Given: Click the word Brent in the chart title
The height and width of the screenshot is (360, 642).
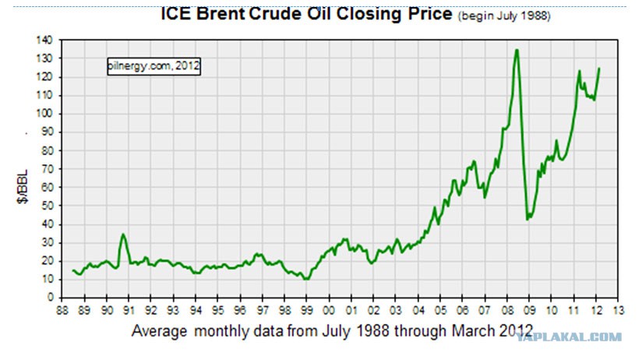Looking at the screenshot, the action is pos(220,13).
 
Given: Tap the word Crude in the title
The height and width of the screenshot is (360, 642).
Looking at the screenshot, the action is pos(276,13).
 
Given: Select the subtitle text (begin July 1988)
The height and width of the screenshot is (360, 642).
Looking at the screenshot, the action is pos(504,16).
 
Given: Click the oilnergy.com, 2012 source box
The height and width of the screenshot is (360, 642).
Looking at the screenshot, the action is pos(154,66).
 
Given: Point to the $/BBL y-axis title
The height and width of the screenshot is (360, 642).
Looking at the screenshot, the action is pos(23,186).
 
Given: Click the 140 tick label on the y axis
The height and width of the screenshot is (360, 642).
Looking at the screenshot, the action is pos(44,41).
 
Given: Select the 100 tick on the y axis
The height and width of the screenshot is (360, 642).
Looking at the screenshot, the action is pos(44,114).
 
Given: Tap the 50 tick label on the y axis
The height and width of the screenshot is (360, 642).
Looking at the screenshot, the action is pos(47,206).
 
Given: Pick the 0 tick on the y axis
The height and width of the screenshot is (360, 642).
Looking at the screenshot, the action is pos(51,298).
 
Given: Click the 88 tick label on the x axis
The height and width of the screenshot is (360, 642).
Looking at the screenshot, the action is pos(62,310).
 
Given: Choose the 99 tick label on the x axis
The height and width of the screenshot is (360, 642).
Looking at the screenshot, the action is pos(307,310).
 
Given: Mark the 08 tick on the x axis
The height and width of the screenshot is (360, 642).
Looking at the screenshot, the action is pos(507,310).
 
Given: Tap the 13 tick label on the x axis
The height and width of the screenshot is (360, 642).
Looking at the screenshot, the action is pos(619,310).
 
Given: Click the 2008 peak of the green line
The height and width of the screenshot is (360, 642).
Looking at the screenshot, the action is pos(517,50).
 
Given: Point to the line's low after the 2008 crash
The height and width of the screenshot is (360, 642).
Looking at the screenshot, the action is pos(527,220).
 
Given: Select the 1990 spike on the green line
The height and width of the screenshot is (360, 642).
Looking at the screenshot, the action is pos(123,235).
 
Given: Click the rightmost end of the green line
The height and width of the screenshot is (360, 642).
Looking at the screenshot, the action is pos(599,69).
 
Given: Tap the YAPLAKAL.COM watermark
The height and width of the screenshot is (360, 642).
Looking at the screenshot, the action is pos(568,337).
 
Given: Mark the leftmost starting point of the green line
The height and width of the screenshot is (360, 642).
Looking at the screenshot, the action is pos(72,270).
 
